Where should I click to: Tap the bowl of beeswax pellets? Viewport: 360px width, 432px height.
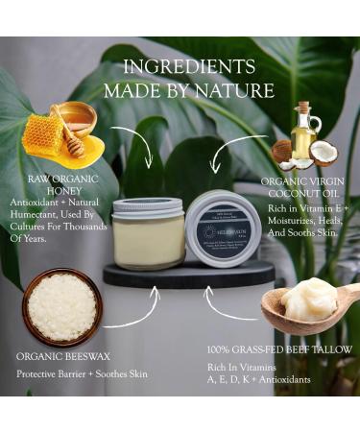(61, 306)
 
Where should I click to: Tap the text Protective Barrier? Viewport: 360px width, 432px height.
(52, 373)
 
